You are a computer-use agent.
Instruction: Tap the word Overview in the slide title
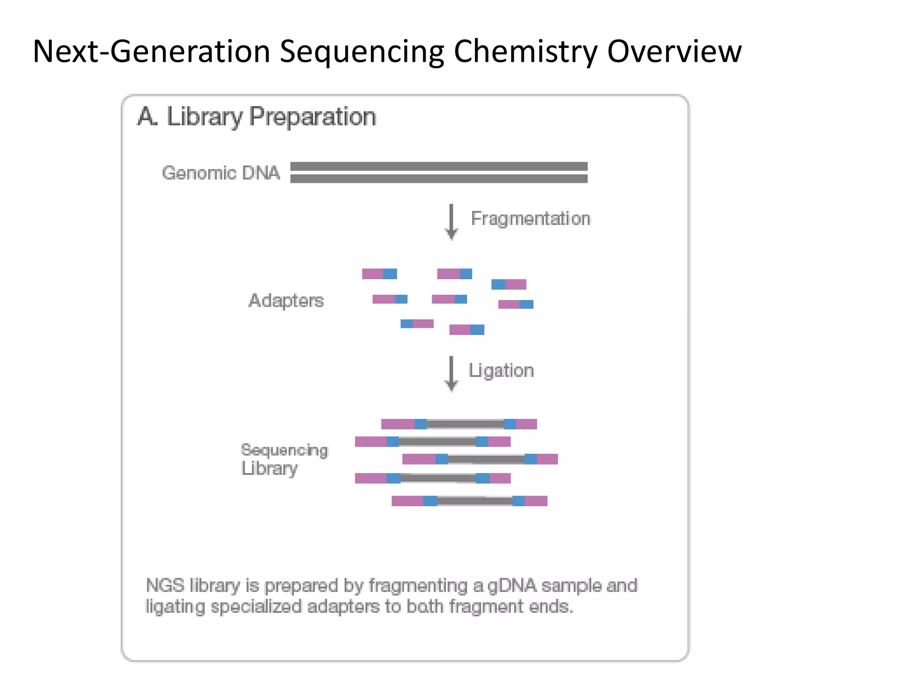pos(674,51)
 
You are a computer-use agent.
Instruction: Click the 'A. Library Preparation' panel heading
pos(257,117)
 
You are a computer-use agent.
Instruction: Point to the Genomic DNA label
pos(221,173)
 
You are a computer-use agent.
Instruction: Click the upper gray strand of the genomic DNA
pos(439,166)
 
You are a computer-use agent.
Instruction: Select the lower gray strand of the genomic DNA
pos(439,179)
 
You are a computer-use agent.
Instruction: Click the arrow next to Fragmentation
pos(451,221)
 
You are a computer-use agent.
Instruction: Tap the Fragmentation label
pos(530,219)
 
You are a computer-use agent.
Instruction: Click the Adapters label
pos(286,301)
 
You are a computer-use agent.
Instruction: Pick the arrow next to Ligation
pos(451,373)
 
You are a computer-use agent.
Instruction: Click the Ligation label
pos(501,370)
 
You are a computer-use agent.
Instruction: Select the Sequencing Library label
pos(284,459)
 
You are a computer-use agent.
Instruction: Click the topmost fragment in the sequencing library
pos(459,424)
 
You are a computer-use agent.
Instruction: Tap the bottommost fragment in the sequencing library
pos(469,501)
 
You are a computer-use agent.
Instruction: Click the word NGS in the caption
pos(165,586)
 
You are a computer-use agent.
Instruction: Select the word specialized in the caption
pos(256,607)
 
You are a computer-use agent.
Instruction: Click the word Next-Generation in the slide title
pos(152,52)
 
